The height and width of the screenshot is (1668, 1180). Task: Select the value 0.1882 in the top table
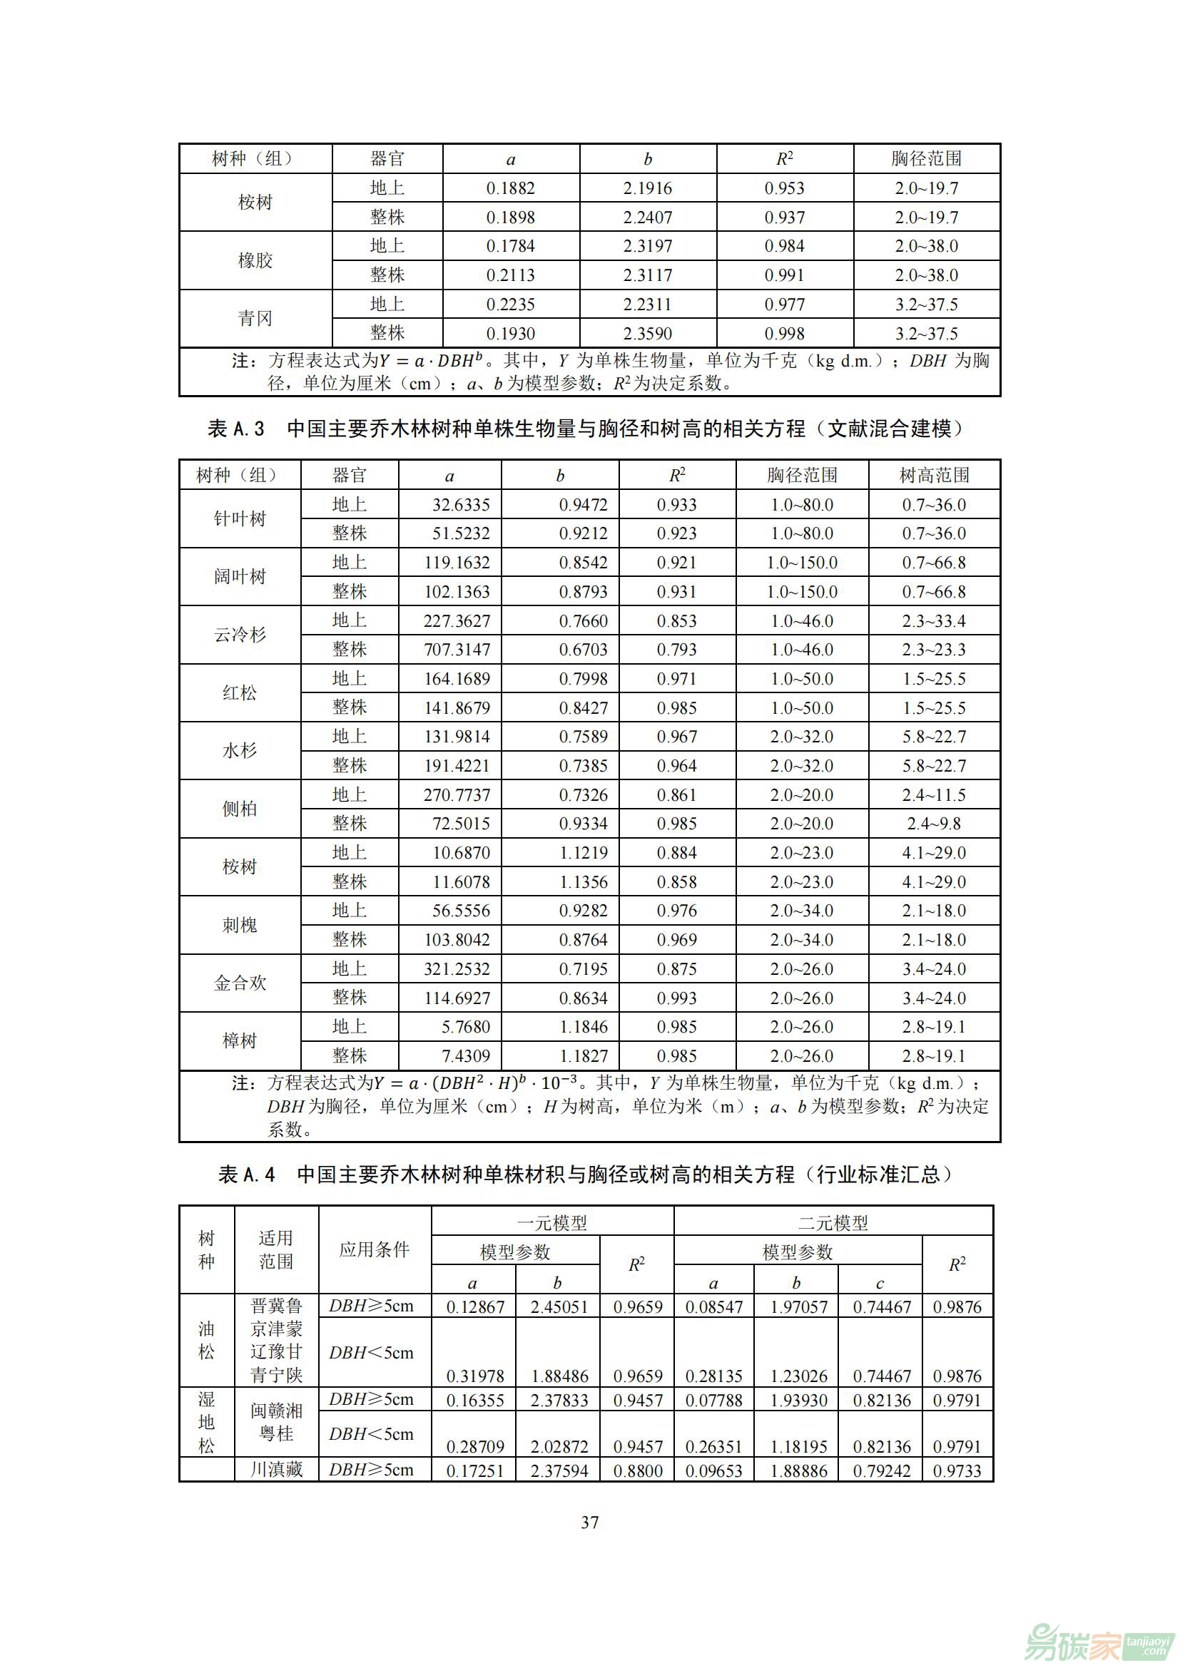510,188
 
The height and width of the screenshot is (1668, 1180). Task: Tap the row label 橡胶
255,261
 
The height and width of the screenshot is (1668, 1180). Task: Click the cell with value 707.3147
457,650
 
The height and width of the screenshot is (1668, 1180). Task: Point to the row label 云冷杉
240,635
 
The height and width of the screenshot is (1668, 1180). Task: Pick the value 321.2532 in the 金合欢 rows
457,968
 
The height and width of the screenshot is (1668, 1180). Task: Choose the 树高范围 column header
934,475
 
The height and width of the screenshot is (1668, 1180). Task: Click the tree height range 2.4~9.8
934,824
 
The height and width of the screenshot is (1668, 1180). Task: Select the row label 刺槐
240,925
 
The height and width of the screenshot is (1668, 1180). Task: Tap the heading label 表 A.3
236,429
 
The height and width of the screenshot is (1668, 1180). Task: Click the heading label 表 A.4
247,1175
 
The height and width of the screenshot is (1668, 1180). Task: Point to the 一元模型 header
552,1224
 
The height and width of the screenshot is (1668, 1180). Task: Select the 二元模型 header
833,1224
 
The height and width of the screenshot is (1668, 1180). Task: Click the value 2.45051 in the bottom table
558,1307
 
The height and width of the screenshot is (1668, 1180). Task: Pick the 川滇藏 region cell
276,1469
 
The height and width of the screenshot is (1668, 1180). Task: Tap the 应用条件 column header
375,1249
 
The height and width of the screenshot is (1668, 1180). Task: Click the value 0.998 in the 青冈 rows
784,334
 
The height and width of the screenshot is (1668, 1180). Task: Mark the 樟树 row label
240,1041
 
